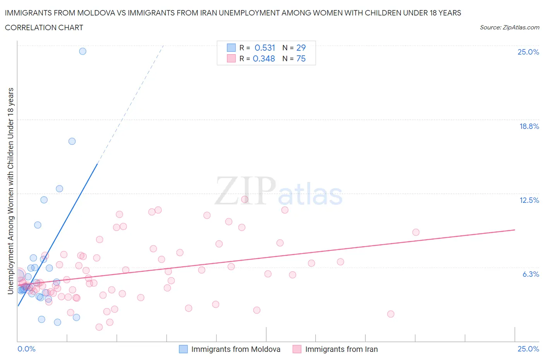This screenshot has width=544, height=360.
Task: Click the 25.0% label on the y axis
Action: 528,52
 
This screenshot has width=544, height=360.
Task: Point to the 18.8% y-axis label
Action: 529,126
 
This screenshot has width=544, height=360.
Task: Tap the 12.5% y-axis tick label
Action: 529,200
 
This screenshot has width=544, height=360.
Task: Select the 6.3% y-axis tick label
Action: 530,274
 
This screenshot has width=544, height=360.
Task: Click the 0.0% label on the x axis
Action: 26,349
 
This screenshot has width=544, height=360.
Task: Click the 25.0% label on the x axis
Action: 528,349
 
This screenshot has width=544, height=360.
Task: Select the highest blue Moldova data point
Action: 82,51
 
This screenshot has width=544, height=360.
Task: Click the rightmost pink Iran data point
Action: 416,232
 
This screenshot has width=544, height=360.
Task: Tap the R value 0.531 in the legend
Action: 265,48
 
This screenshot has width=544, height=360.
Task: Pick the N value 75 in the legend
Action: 301,58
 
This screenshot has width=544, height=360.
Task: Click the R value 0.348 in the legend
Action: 264,58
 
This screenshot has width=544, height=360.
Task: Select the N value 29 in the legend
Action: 301,48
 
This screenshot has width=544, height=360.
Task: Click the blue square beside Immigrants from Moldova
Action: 183,349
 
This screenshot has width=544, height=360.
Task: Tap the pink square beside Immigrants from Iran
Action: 297,349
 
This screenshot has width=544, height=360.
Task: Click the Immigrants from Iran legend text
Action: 341,349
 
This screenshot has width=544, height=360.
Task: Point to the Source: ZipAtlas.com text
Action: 509,27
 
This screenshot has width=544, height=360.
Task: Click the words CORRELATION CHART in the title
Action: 44,27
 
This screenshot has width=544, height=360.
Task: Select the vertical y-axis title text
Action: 11,191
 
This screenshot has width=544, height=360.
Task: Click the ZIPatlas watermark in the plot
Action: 279,191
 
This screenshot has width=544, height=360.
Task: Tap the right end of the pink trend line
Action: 515,230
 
